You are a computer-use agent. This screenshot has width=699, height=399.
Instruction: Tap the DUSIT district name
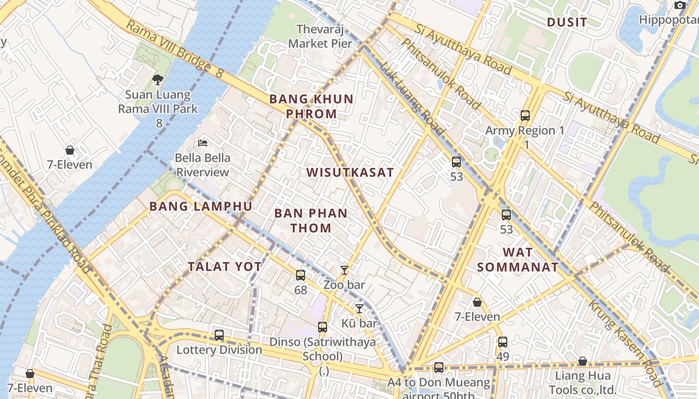click(567, 22)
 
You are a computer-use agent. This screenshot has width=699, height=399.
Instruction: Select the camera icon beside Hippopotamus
click(680, 5)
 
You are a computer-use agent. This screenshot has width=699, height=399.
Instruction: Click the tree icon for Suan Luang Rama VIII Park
click(158, 79)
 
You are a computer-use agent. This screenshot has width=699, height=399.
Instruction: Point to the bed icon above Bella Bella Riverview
click(203, 143)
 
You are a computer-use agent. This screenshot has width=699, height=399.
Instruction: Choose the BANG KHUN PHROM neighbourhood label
click(312, 106)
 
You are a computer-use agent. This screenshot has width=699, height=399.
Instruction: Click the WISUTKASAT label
click(350, 173)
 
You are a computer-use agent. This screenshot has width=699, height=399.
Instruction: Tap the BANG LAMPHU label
click(201, 206)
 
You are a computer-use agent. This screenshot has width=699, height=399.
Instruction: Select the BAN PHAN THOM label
click(311, 220)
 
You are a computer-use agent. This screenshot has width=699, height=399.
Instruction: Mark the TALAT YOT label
click(225, 266)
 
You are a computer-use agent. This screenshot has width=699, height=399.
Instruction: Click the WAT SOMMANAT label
click(518, 259)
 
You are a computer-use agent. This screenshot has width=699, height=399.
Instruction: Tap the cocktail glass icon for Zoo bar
click(344, 270)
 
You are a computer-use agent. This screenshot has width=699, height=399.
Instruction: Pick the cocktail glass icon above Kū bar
click(359, 309)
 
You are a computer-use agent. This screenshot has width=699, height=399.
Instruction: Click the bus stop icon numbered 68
click(301, 275)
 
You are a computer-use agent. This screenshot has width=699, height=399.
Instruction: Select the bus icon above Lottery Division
click(219, 335)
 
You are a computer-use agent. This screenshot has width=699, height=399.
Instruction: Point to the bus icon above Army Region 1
click(525, 116)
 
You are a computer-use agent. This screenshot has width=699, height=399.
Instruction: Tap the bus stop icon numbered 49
click(503, 342)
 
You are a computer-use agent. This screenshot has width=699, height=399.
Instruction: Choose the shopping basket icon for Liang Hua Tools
click(582, 361)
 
